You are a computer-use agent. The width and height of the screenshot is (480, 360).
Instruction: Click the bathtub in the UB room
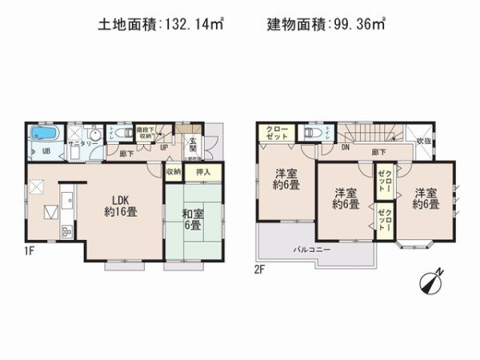42,133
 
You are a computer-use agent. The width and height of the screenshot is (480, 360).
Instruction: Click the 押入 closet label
203,171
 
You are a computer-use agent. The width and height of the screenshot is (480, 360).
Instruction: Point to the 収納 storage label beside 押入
174,171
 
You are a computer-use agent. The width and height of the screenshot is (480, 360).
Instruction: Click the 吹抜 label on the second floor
425,142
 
